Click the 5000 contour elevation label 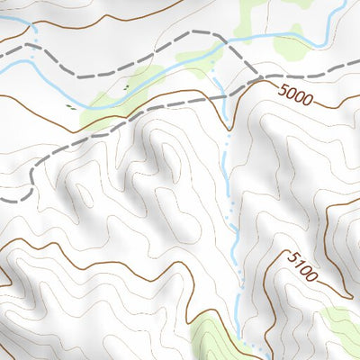click(x=297, y=93)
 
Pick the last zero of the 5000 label click(x=310, y=99)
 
